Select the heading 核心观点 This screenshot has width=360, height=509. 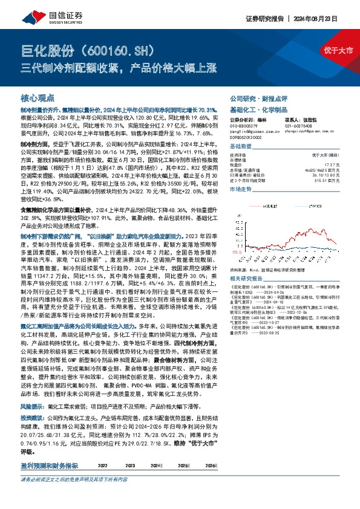[x=38, y=97]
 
